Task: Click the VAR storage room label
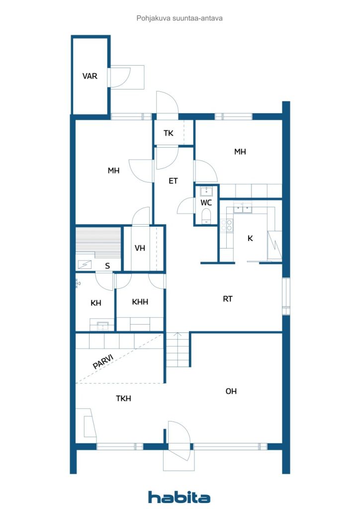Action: (x=90, y=76)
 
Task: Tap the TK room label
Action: (x=169, y=133)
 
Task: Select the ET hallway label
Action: (x=173, y=181)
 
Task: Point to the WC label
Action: (x=206, y=203)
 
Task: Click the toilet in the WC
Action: (x=206, y=215)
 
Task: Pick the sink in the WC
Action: (x=206, y=190)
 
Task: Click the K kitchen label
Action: (x=250, y=239)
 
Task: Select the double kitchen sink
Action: (x=243, y=208)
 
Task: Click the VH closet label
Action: (x=140, y=248)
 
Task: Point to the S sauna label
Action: (x=107, y=266)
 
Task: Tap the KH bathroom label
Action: (x=96, y=303)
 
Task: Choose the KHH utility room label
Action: (x=140, y=302)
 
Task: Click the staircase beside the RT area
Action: (x=179, y=349)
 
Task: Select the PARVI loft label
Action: (x=103, y=361)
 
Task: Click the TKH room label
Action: (x=123, y=398)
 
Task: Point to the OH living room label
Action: (x=231, y=391)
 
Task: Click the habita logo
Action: (x=179, y=497)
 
